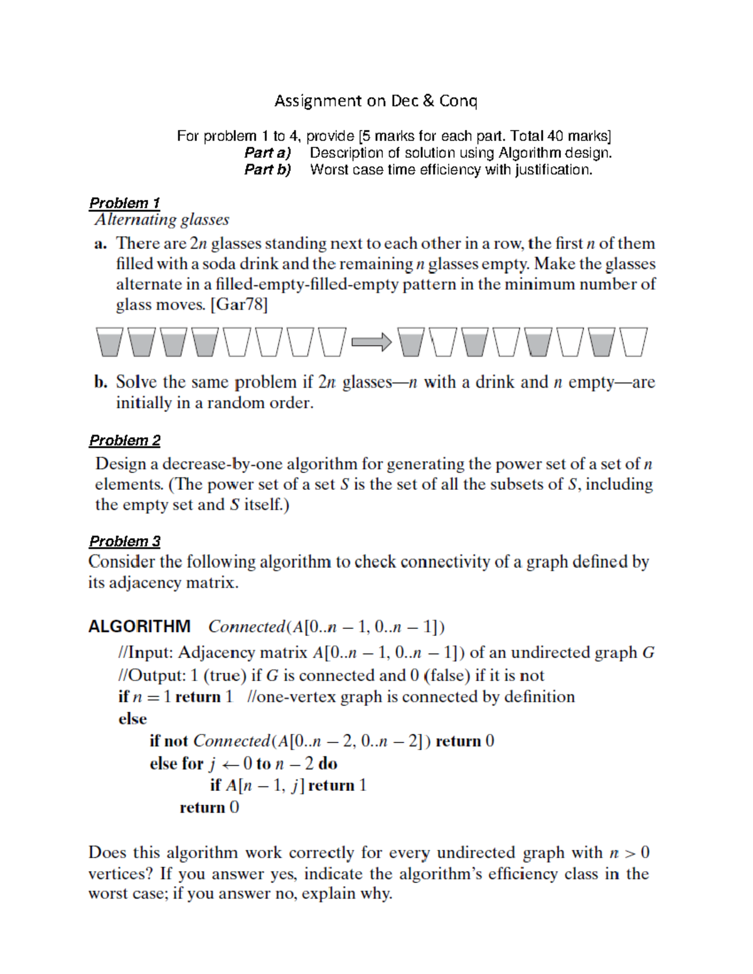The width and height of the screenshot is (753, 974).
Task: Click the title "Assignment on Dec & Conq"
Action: (x=375, y=101)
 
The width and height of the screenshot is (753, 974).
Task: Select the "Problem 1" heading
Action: (x=124, y=203)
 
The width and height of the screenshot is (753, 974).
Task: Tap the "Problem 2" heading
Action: (x=124, y=440)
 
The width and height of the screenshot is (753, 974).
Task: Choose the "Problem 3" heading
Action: (x=124, y=541)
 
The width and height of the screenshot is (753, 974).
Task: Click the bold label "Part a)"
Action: (x=267, y=152)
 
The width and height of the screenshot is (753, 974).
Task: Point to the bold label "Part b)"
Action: (x=267, y=169)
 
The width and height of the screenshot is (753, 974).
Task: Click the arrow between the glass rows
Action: (x=371, y=342)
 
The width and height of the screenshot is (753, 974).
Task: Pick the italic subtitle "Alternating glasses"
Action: (x=162, y=220)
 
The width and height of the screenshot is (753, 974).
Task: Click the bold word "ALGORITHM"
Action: (x=139, y=627)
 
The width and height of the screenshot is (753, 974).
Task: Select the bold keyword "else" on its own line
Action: (x=132, y=719)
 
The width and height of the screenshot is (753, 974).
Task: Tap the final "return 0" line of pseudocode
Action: (x=209, y=807)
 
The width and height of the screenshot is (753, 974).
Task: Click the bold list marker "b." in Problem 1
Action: (x=101, y=382)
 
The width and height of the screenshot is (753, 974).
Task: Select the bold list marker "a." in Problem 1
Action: (x=101, y=244)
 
